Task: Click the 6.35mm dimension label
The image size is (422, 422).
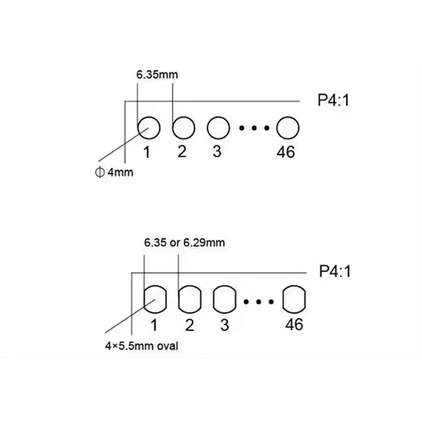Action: tap(157, 74)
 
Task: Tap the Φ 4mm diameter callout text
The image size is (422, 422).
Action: tap(114, 172)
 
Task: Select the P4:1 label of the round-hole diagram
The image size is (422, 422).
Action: tap(333, 100)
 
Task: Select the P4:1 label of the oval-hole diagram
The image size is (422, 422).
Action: tap(335, 271)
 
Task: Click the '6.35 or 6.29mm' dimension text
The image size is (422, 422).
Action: tap(185, 243)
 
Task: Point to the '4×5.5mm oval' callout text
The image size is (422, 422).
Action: tap(141, 346)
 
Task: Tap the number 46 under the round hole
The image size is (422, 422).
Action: tap(285, 152)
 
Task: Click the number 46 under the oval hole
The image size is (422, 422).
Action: tap(294, 324)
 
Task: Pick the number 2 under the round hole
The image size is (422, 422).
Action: tap(182, 151)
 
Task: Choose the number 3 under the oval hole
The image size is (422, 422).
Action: tap(225, 325)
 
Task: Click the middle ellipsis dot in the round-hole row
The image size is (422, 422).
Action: tap(254, 128)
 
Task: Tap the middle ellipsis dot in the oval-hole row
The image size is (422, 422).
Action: tap(258, 302)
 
